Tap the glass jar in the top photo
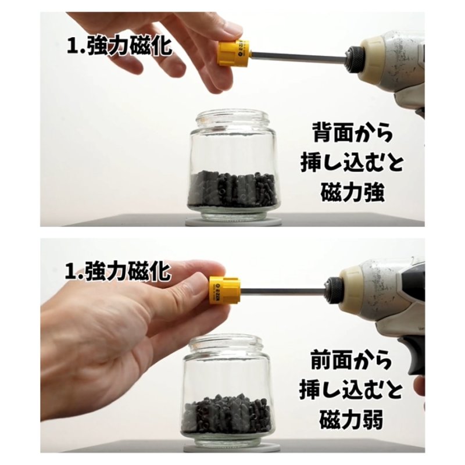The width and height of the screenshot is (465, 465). [x=234, y=167]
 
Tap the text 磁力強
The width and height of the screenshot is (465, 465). [x=352, y=193]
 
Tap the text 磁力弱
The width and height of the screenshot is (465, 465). [x=351, y=420]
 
